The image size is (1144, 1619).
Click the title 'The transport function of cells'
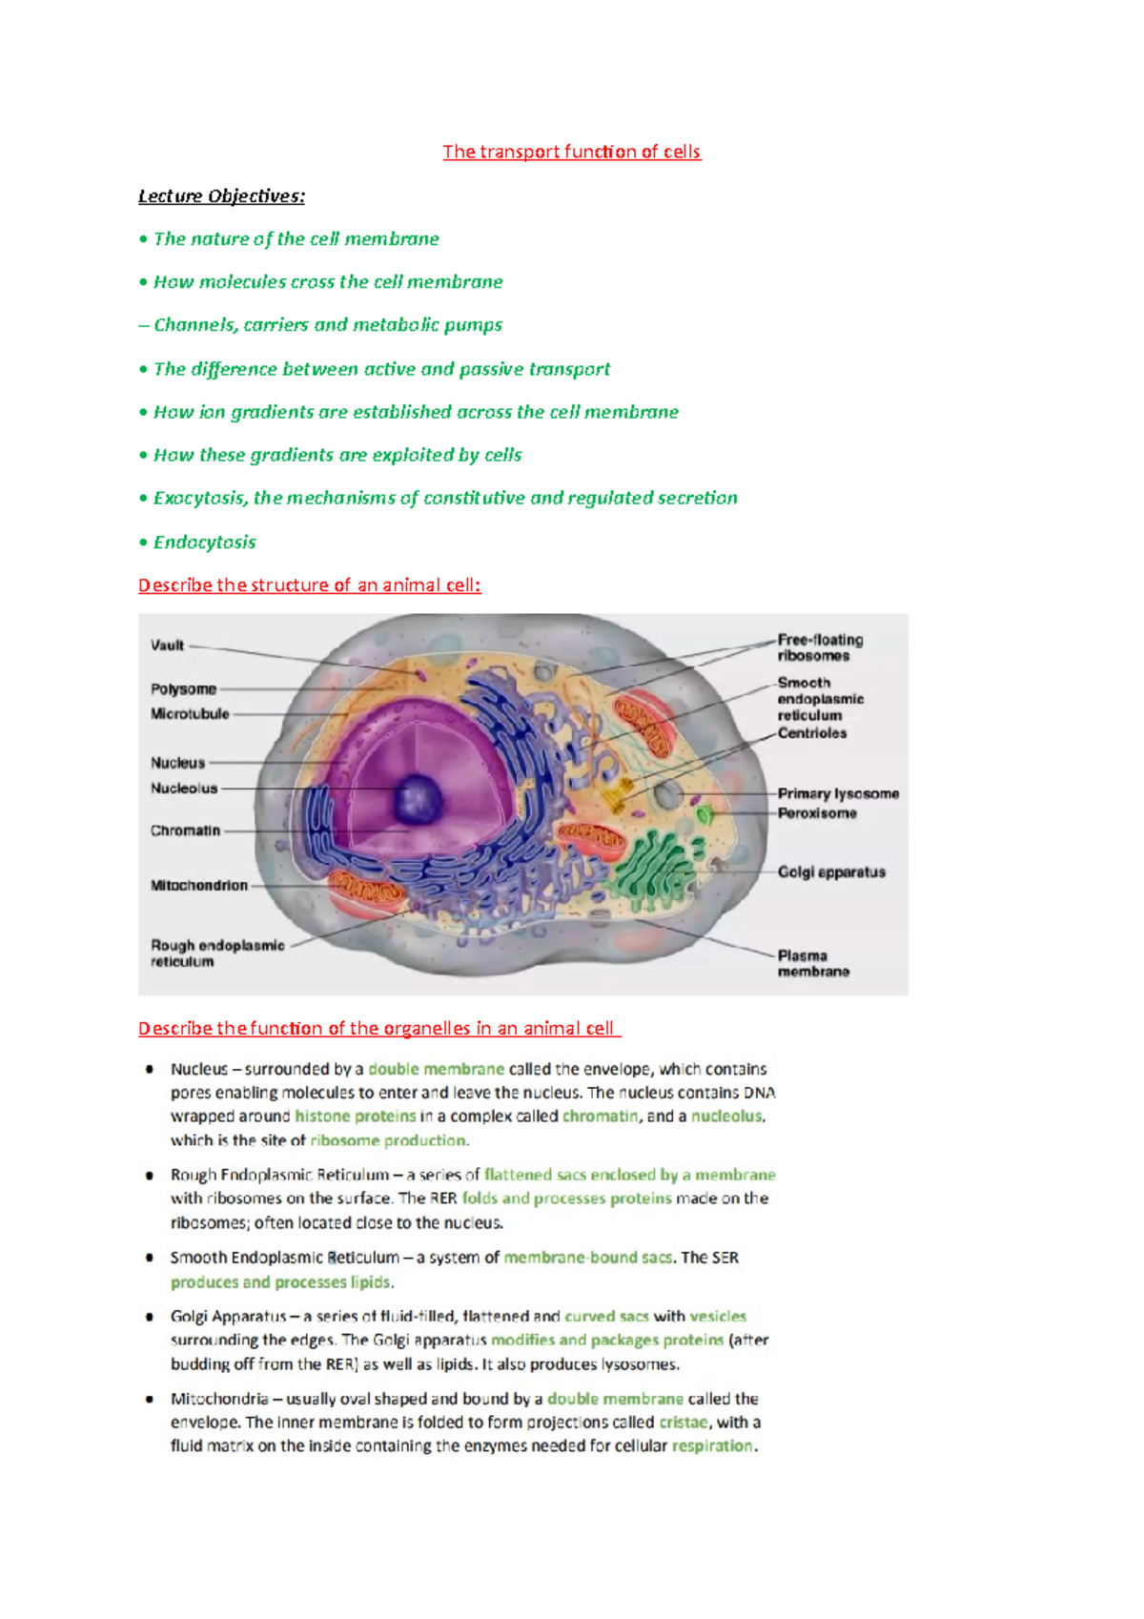pyautogui.click(x=571, y=152)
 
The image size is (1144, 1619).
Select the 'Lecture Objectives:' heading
pyautogui.click(x=221, y=196)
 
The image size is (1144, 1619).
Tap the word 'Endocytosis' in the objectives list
pyautogui.click(x=204, y=543)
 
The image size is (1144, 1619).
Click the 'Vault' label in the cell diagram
pyautogui.click(x=167, y=646)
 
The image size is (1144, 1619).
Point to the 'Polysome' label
pyautogui.click(x=183, y=689)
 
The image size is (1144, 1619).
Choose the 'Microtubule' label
pyautogui.click(x=190, y=714)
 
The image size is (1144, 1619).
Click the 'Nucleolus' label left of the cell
pyautogui.click(x=184, y=789)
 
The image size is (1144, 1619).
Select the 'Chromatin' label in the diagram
pyautogui.click(x=185, y=830)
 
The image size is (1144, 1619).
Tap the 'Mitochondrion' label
pyautogui.click(x=198, y=886)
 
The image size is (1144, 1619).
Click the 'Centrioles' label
pyautogui.click(x=811, y=733)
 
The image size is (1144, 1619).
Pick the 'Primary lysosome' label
pyautogui.click(x=838, y=793)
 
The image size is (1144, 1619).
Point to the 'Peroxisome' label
pyautogui.click(x=817, y=813)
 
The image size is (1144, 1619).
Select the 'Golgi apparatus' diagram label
pyautogui.click(x=831, y=872)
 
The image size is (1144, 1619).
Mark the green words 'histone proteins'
pyautogui.click(x=355, y=1117)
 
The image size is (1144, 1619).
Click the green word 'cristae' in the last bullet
pyautogui.click(x=684, y=1423)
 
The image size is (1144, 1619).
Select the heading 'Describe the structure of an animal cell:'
pyautogui.click(x=309, y=585)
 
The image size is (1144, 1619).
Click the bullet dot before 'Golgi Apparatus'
pyautogui.click(x=150, y=1317)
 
